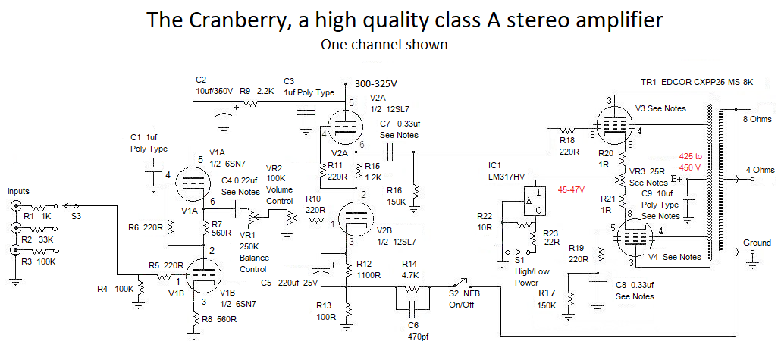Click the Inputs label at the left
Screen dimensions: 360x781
(x=20, y=192)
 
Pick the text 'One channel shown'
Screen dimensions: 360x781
(x=384, y=45)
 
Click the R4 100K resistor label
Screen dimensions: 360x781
(x=112, y=289)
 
